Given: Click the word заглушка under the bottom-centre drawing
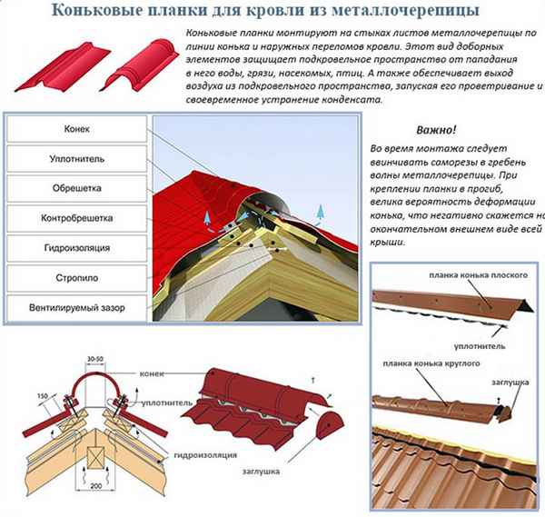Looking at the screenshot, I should pos(261,472).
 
